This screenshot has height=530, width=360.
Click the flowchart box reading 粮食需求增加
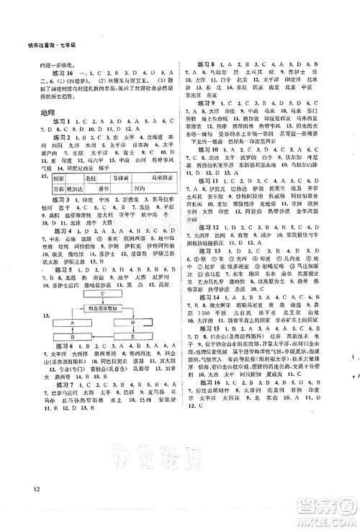(104, 307)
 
